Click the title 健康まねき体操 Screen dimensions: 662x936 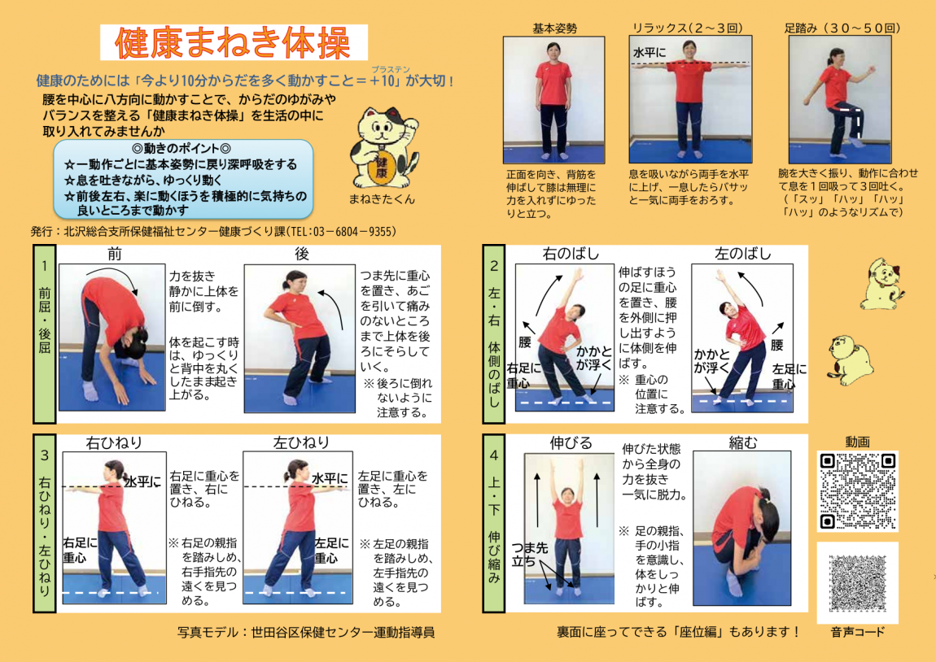[x=234, y=43]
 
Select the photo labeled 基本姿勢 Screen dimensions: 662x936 [x=554, y=99]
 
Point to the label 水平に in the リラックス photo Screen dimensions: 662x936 [x=650, y=53]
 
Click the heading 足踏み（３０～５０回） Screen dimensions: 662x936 [x=842, y=28]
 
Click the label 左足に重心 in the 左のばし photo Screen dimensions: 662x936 [x=789, y=376]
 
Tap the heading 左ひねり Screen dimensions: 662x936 [x=301, y=442]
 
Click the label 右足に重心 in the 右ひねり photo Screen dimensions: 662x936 [x=81, y=550]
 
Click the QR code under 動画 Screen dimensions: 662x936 [x=857, y=491]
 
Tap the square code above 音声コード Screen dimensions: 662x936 [x=857, y=583]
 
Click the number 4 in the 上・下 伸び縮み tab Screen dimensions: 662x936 [x=494, y=456]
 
